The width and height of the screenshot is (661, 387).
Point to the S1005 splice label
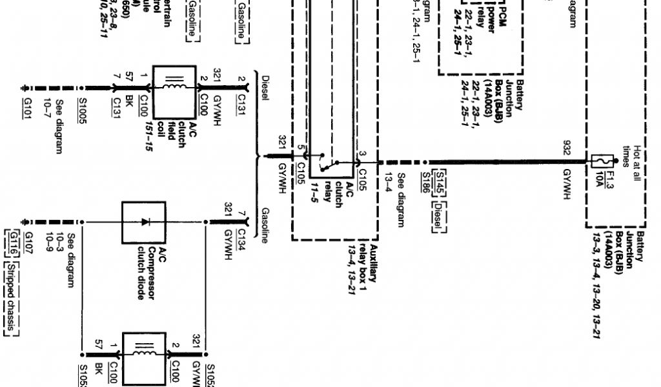(82, 112)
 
